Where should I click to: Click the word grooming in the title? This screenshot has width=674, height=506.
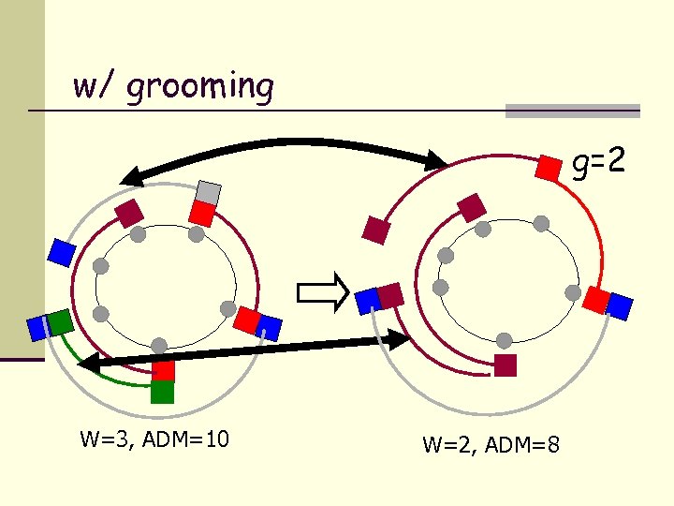click(199, 87)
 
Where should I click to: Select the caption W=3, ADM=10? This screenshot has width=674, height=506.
click(154, 439)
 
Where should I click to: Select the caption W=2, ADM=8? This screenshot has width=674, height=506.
click(491, 444)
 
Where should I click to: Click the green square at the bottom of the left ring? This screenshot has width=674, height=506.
click(162, 391)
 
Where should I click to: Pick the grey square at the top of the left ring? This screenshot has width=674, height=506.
click(208, 193)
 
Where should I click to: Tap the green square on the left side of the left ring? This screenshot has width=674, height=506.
click(60, 322)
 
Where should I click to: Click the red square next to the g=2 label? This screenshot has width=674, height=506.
click(549, 168)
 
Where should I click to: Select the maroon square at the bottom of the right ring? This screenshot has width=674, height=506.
click(505, 365)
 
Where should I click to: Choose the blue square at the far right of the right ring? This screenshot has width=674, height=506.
click(619, 306)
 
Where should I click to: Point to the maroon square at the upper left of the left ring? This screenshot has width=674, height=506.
click(128, 213)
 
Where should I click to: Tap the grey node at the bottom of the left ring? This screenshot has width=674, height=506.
click(160, 346)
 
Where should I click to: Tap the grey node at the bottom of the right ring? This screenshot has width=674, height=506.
click(505, 340)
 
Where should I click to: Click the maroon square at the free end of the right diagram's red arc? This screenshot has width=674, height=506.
click(376, 230)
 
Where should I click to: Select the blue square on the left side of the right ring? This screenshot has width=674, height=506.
click(368, 300)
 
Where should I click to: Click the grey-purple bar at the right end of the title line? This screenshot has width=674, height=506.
click(572, 111)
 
